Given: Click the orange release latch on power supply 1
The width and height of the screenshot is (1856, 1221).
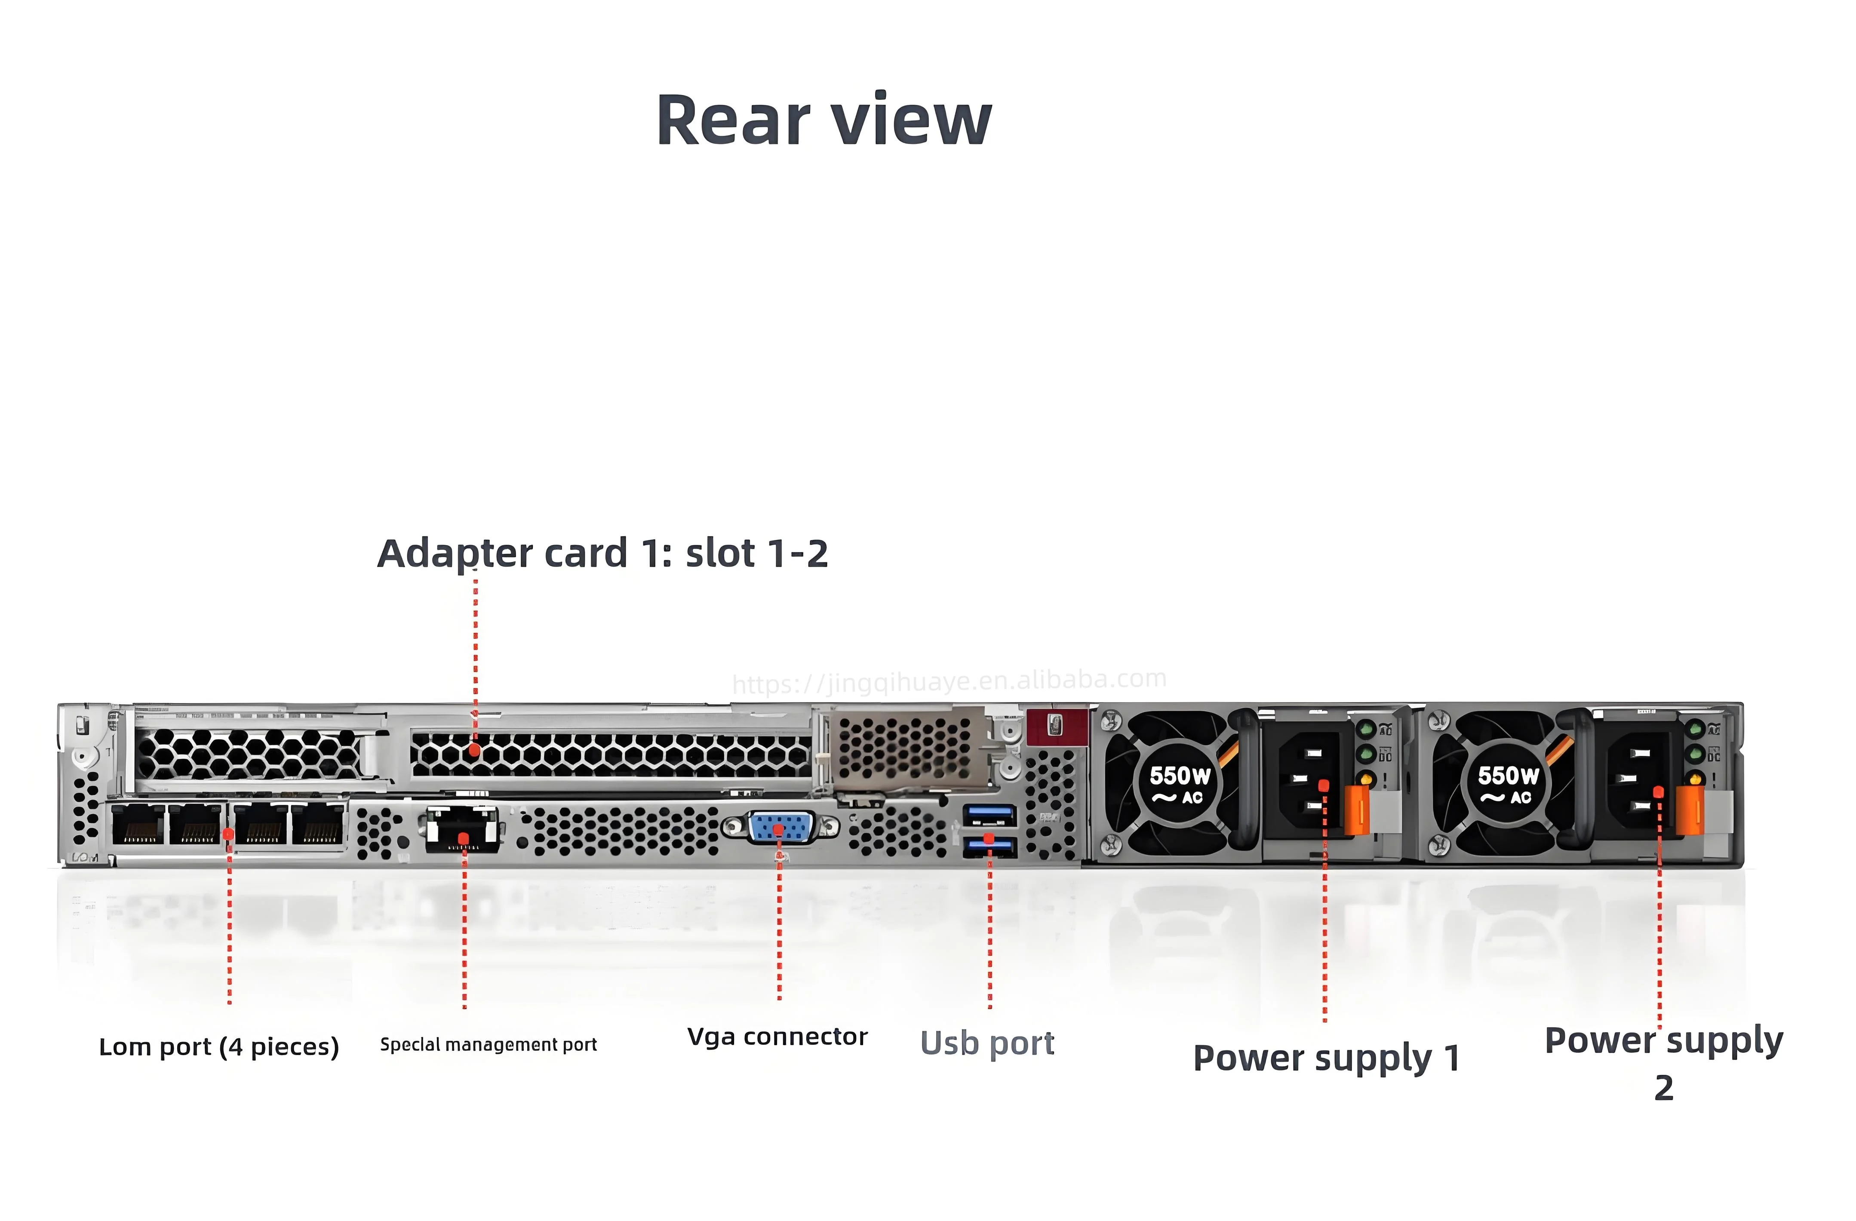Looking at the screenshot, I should [x=1358, y=809].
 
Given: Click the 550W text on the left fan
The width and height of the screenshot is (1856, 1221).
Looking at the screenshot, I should [x=1180, y=776].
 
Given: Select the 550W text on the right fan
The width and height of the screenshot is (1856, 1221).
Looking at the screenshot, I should [x=1508, y=776].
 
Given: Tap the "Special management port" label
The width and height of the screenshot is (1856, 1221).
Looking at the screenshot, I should [x=488, y=1044].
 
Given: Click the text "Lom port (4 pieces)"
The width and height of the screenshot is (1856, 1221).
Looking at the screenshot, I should [x=219, y=1046].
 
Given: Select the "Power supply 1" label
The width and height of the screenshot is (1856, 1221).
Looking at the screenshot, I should [x=1326, y=1058].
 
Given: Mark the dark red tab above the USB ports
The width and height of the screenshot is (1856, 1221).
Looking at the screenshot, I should [x=1056, y=726].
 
